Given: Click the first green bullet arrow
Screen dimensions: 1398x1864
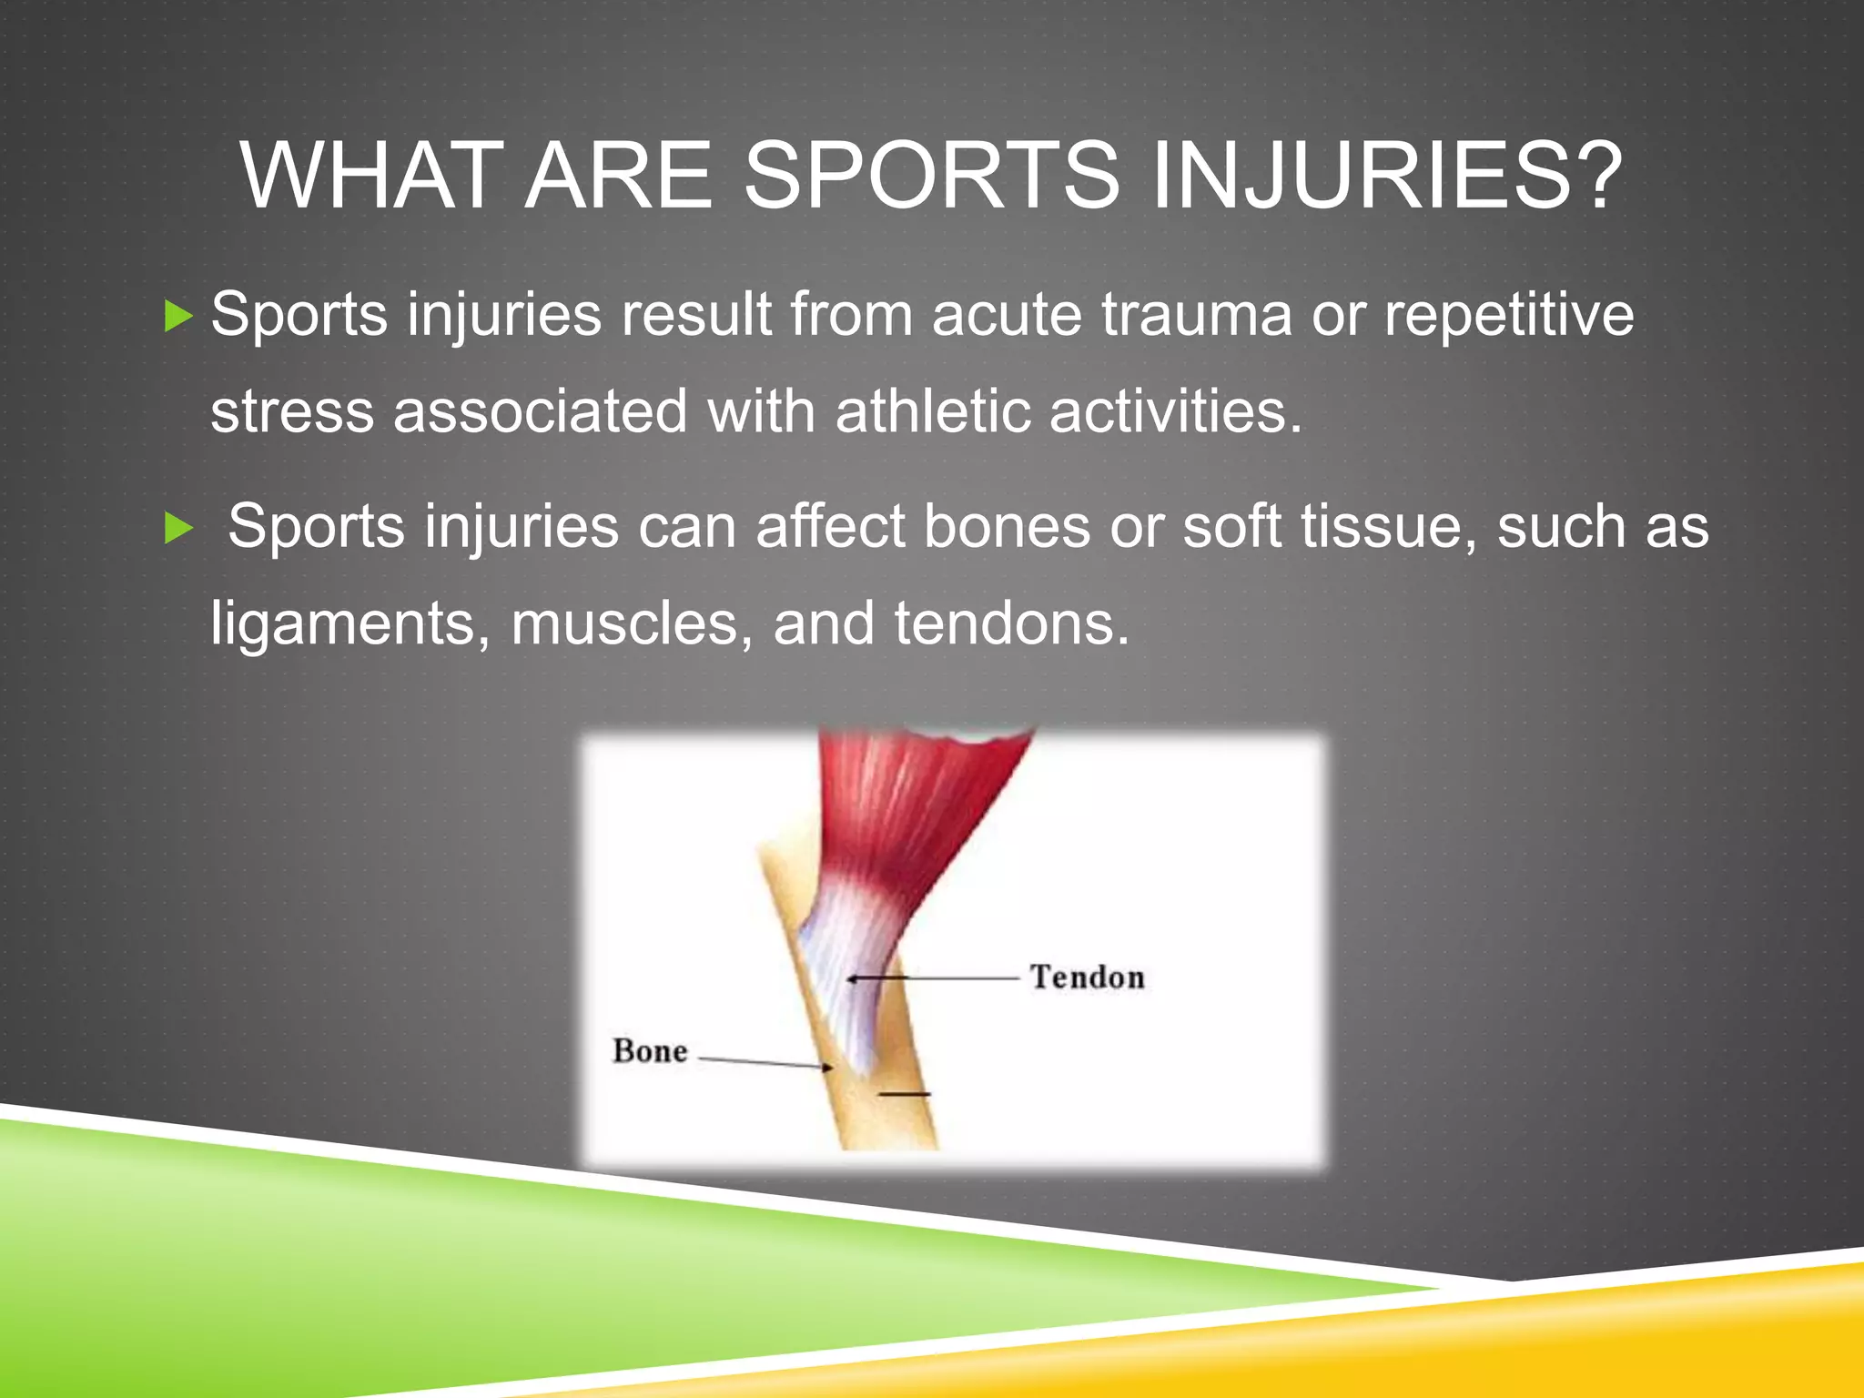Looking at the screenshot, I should click(x=179, y=317).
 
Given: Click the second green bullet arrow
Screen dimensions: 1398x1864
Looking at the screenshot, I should click(x=179, y=529).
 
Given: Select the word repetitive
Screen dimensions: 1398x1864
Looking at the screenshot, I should click(x=1508, y=315).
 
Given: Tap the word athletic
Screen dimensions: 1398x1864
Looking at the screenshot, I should click(x=931, y=411).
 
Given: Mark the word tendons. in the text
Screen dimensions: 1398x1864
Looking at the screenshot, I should click(x=1011, y=624).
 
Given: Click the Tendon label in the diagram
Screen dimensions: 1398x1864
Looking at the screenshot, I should click(x=1087, y=978).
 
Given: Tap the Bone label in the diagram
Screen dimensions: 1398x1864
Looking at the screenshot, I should click(x=649, y=1051).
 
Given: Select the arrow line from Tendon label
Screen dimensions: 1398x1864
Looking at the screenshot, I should click(x=937, y=978).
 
